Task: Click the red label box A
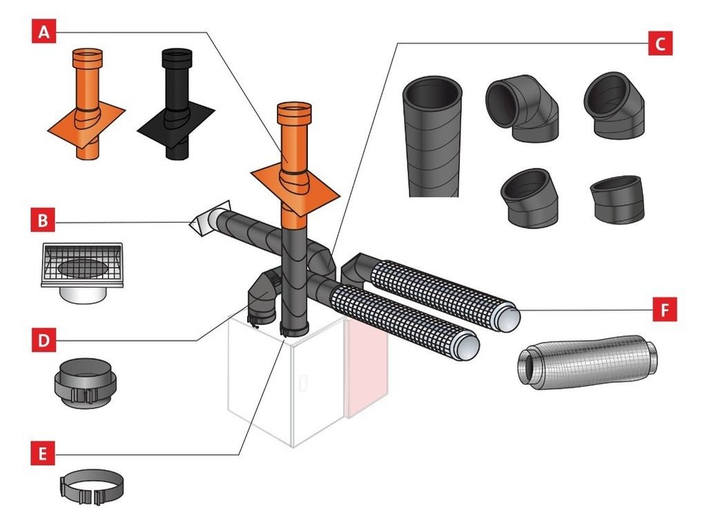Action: tap(43, 32)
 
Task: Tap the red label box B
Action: tap(43, 220)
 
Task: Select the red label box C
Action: tap(660, 43)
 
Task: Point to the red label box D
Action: tap(43, 340)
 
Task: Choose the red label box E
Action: tap(43, 453)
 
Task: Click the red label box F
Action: tap(665, 310)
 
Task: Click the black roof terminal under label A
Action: tap(176, 105)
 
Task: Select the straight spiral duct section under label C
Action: tap(432, 136)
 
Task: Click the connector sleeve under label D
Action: tap(85, 383)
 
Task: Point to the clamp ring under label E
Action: tap(92, 487)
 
